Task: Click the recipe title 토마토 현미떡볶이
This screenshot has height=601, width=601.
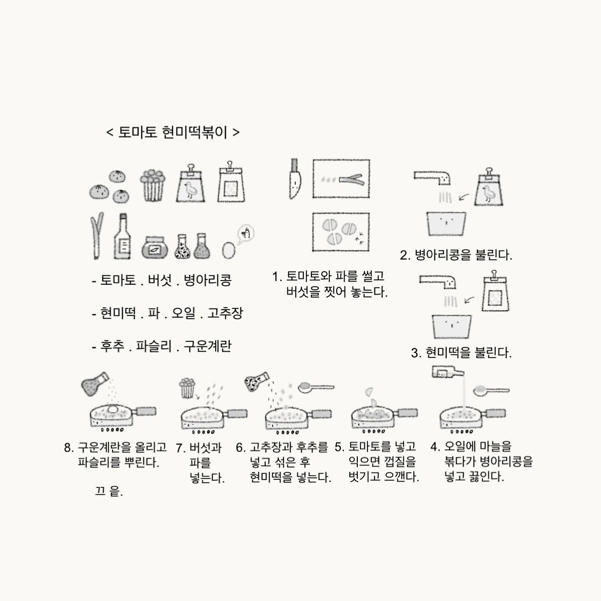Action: point(173,132)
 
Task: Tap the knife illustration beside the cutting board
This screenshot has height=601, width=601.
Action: point(295,178)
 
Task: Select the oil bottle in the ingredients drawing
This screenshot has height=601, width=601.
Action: point(122,236)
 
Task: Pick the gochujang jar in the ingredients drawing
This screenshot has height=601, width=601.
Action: point(154,248)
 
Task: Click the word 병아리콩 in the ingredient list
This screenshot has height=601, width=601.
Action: point(208,280)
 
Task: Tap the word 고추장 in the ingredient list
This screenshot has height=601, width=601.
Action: point(225,313)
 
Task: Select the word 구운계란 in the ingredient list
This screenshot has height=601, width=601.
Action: point(208,346)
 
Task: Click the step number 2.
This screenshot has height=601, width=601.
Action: point(405,256)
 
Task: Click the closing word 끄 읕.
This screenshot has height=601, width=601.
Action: point(108,492)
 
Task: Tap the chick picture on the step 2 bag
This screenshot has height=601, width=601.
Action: point(488,193)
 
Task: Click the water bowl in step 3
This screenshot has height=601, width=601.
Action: point(452,326)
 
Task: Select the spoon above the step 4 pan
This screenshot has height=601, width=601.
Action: point(491,390)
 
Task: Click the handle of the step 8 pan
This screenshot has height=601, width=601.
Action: point(146,411)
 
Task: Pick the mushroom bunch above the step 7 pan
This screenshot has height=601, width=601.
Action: point(187,388)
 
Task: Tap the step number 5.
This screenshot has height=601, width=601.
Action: point(339,447)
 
